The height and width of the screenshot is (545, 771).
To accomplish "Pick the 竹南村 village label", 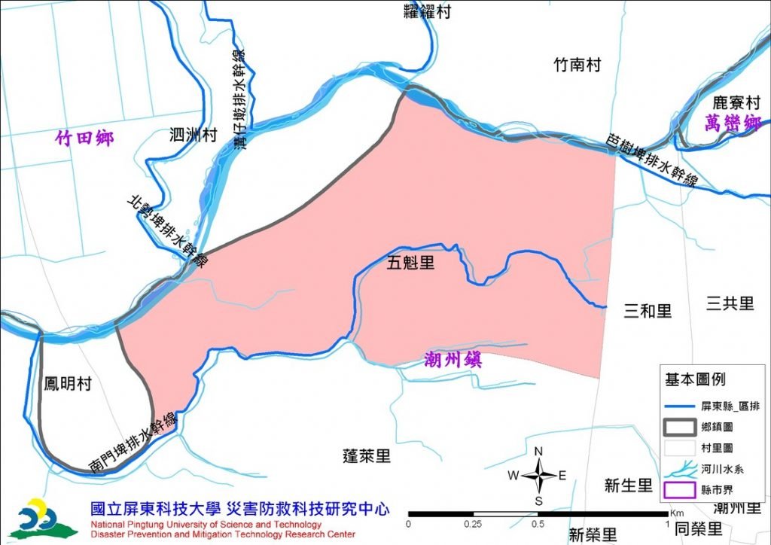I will pyautogui.click(x=577, y=65).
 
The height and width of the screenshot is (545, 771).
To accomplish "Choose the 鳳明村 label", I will pyautogui.click(x=67, y=384).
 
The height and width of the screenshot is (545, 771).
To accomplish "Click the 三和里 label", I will pyautogui.click(x=648, y=311).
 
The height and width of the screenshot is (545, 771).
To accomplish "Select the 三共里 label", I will pyautogui.click(x=730, y=303).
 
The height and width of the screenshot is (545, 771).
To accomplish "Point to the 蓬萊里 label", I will pyautogui.click(x=367, y=455).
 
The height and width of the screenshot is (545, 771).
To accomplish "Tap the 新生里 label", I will pyautogui.click(x=628, y=486).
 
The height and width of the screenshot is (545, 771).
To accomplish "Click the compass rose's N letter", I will pyautogui.click(x=539, y=452).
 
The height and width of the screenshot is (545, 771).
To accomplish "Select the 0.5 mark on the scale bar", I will pyautogui.click(x=538, y=523).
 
